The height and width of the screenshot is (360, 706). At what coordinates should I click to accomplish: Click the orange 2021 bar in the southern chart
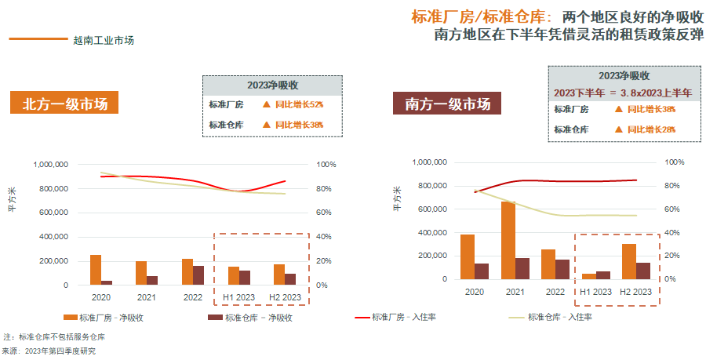tap(508, 240)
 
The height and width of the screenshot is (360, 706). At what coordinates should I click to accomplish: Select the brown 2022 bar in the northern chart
tap(198, 275)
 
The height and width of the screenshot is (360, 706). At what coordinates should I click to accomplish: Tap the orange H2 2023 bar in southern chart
tap(629, 261)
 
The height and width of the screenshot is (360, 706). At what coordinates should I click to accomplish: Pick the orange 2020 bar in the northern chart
tap(96, 269)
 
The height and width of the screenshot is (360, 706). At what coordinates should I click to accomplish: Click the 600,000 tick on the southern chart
tap(430, 209)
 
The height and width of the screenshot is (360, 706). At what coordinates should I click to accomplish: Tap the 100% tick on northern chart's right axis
tap(326, 165)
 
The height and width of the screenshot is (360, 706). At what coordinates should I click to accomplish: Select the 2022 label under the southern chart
tap(554, 292)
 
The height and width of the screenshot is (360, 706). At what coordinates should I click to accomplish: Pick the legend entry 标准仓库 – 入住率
tap(560, 318)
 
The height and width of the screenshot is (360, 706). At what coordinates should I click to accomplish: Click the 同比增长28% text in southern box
tap(651, 129)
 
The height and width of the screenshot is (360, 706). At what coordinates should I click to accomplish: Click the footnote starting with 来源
tap(49, 351)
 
